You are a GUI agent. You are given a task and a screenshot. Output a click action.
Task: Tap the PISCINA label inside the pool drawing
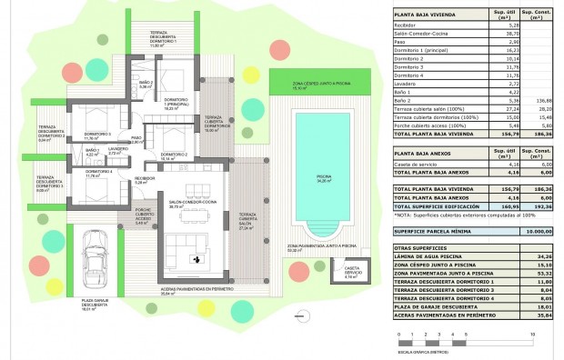coord(323,179)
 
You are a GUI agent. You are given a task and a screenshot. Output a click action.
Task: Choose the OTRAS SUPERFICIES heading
coord(421,248)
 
